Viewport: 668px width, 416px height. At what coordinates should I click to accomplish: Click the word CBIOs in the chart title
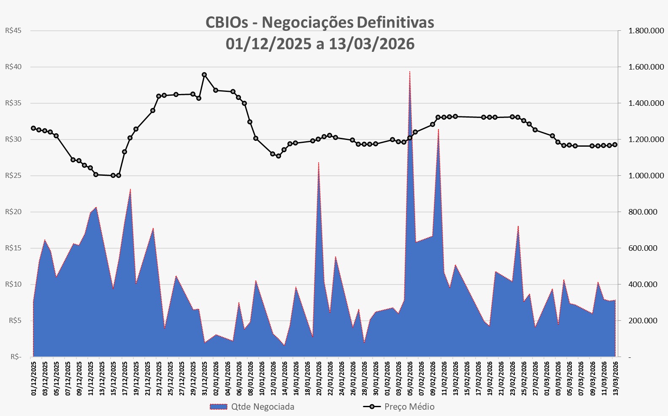click(227, 22)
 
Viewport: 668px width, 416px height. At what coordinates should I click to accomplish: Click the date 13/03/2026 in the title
click(371, 44)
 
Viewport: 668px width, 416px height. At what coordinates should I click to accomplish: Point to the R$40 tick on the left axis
click(14, 67)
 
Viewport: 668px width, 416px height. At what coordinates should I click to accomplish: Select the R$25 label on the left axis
click(14, 176)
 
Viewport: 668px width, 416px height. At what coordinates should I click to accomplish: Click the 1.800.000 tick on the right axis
click(646, 31)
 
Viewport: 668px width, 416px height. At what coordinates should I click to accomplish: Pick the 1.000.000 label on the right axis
click(646, 176)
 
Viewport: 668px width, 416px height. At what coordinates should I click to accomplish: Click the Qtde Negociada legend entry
click(252, 407)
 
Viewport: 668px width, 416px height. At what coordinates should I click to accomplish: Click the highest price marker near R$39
click(204, 75)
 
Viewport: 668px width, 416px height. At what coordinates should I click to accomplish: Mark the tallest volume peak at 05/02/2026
click(410, 72)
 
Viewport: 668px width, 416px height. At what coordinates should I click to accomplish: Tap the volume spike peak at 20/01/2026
click(318, 163)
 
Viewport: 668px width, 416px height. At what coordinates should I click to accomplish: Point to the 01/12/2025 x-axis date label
click(33, 377)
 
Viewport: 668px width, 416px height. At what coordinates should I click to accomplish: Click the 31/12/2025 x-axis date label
click(204, 377)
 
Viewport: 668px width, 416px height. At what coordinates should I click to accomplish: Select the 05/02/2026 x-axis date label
click(410, 377)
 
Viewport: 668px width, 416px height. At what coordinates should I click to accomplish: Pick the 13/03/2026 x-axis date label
click(615, 377)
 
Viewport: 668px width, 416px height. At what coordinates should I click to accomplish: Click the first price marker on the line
click(33, 128)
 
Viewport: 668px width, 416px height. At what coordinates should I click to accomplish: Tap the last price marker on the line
click(615, 145)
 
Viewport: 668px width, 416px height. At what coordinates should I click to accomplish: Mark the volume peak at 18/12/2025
click(130, 190)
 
